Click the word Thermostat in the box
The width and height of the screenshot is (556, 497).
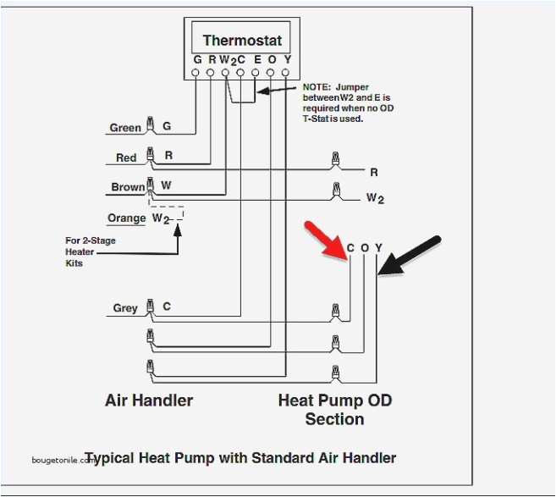pos(241,40)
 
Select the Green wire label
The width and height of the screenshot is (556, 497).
pos(125,128)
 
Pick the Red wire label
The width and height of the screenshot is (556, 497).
pos(126,157)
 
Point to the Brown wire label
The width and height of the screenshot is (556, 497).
pos(128,187)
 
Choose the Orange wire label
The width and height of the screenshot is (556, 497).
pos(127,218)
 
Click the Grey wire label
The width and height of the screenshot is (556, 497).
pos(125,308)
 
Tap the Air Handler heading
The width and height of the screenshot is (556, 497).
pos(149,400)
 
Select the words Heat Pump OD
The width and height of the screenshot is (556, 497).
pos(335,400)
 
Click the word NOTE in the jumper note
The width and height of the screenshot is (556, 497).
pos(317,87)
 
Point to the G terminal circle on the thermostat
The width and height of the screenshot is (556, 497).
pos(196,74)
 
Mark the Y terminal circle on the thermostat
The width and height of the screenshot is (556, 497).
pos(287,74)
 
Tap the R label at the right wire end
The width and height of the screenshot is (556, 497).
pos(373,172)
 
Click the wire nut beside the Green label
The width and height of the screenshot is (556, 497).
pos(150,125)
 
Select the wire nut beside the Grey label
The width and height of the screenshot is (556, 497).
pos(150,306)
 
